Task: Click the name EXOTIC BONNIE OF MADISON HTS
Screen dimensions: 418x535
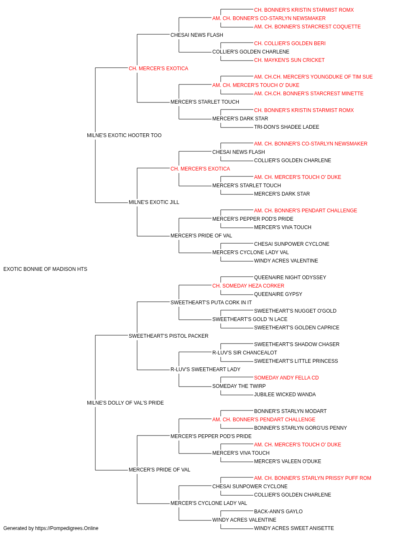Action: (45, 269)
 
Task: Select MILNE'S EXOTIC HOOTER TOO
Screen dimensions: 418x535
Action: (124, 135)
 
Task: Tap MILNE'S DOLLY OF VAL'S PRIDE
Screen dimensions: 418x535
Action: (125, 403)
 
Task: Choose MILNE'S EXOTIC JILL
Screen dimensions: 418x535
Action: (154, 202)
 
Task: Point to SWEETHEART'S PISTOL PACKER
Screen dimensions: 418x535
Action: (168, 336)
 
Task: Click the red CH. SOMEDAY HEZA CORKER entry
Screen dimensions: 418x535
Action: (248, 285)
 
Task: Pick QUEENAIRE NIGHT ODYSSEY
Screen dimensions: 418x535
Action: (290, 277)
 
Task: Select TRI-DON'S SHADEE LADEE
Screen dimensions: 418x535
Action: (287, 127)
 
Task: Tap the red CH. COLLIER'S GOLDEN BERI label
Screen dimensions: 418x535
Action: (290, 43)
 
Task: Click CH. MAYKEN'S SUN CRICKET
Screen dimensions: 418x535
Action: (289, 60)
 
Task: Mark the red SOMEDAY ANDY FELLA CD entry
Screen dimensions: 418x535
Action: (286, 378)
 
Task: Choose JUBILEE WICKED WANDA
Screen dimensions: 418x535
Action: (285, 395)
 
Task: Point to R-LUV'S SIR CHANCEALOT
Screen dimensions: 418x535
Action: (245, 353)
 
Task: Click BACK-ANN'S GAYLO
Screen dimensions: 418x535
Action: (278, 511)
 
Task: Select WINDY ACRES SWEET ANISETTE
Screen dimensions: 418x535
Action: (294, 528)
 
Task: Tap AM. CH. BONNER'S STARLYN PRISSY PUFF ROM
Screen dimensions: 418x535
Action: (313, 478)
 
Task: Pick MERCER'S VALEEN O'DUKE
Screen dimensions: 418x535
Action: (288, 461)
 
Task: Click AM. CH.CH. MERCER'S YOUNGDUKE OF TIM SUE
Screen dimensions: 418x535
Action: (313, 77)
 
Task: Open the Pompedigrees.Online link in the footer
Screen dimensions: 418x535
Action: (67, 528)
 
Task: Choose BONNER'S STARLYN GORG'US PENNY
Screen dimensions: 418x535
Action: (300, 428)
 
